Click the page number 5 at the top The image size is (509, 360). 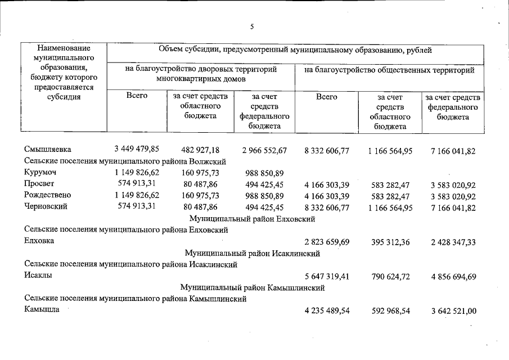tap(253, 26)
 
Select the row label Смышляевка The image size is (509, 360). tap(48, 150)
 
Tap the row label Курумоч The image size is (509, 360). tap(40, 172)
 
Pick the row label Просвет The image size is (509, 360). tap(40, 184)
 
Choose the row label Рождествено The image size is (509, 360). tap(48, 195)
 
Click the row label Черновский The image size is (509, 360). tap(46, 206)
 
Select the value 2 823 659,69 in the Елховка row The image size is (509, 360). tap(327, 242)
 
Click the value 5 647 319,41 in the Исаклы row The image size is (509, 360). tap(327, 276)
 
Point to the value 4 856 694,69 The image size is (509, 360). tap(453, 276)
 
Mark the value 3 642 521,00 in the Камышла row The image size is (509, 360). tap(453, 311)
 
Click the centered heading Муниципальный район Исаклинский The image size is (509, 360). tap(253, 253)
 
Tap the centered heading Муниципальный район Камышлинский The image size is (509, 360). tap(253, 287)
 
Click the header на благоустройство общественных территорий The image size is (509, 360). tap(389, 70)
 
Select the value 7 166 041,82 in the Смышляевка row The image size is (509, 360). tap(453, 150)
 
